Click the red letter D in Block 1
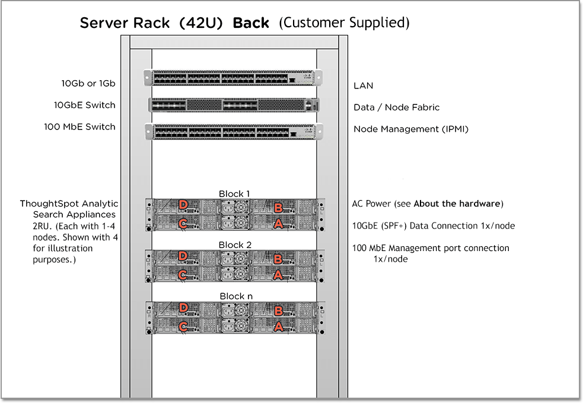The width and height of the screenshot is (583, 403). (x=184, y=205)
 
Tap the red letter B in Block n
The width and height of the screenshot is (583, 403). (x=278, y=310)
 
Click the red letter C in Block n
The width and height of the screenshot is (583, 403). (x=184, y=326)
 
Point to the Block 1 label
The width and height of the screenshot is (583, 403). (x=234, y=193)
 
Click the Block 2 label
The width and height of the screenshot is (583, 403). (x=235, y=245)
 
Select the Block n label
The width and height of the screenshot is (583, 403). (x=235, y=296)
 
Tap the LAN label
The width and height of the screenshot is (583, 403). (x=364, y=85)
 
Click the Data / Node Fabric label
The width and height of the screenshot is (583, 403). (x=396, y=107)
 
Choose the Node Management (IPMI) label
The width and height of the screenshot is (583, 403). (x=411, y=128)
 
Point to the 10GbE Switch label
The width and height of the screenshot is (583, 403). (x=84, y=105)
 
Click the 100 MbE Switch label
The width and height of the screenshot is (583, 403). (x=79, y=126)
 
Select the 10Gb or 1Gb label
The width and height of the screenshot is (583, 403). (x=88, y=83)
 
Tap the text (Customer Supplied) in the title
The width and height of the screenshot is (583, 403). (x=344, y=23)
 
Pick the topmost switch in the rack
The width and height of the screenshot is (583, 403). (x=232, y=78)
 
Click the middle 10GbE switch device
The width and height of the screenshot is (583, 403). (x=232, y=105)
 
